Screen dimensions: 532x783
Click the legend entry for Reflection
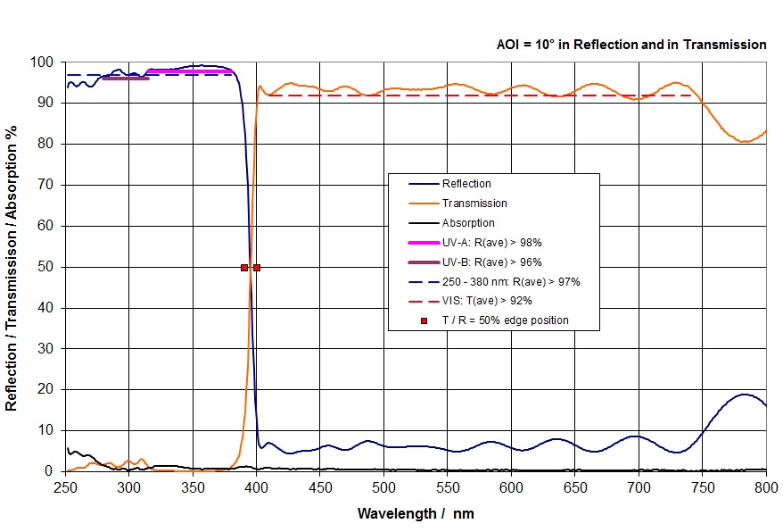[466, 184]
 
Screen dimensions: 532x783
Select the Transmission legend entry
[473, 204]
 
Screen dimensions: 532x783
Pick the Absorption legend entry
[468, 223]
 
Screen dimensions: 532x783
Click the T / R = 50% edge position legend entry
[505, 320]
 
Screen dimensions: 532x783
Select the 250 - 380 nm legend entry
[511, 281]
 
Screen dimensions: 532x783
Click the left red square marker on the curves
[244, 267]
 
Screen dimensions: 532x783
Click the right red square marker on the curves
[257, 267]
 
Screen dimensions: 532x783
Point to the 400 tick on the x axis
[256, 487]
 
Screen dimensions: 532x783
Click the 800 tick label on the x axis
[766, 487]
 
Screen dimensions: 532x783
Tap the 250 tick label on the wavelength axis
[65, 487]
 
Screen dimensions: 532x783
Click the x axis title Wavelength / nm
[415, 513]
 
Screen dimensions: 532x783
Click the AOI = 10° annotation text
[631, 44]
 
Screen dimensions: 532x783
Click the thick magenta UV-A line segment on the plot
[189, 71]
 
